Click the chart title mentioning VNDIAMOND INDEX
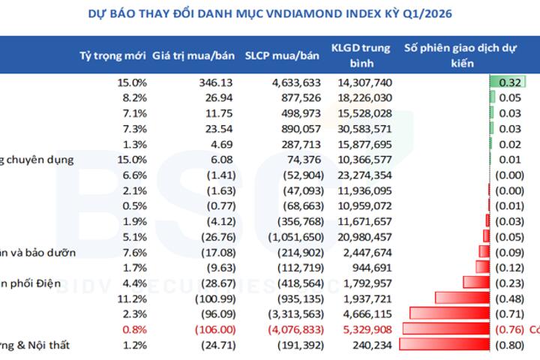coord(270,14)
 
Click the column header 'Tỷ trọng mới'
coord(112,55)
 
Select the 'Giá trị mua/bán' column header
coord(193,55)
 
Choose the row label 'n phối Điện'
coord(31,282)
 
